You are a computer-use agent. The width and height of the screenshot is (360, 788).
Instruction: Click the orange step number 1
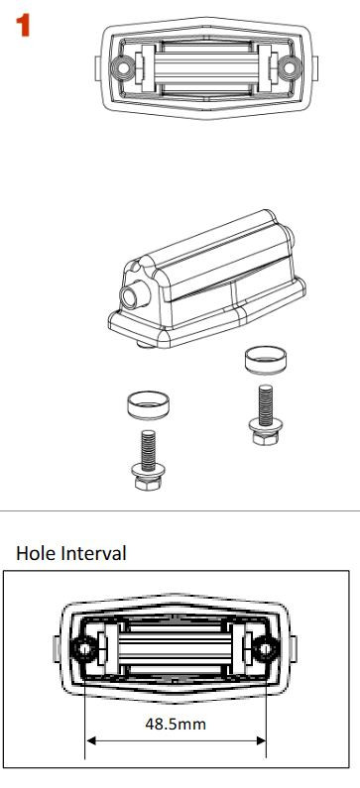[23, 25]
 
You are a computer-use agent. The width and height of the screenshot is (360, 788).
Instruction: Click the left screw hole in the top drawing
[123, 66]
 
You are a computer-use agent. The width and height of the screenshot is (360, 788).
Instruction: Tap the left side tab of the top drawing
[97, 67]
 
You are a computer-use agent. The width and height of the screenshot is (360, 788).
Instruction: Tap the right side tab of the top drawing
[314, 67]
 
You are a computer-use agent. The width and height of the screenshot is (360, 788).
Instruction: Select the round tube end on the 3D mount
[132, 298]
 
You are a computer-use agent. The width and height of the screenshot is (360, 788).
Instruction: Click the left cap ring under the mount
[147, 405]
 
